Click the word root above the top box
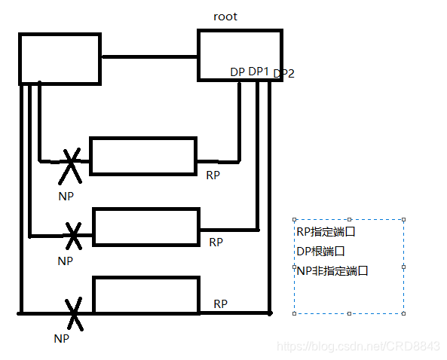225,16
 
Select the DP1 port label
259,71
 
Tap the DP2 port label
284,73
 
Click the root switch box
240,54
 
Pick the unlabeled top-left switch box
60,58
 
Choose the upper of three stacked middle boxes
143,156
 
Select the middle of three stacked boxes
145,227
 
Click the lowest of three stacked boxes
146,294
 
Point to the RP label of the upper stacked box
213,175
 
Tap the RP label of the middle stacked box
216,243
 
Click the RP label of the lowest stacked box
221,304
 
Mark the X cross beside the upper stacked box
70,165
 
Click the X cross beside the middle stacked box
73,235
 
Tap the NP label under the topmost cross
66,195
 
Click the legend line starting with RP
326,232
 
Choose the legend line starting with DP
321,251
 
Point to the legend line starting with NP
332,270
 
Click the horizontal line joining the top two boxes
149,56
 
